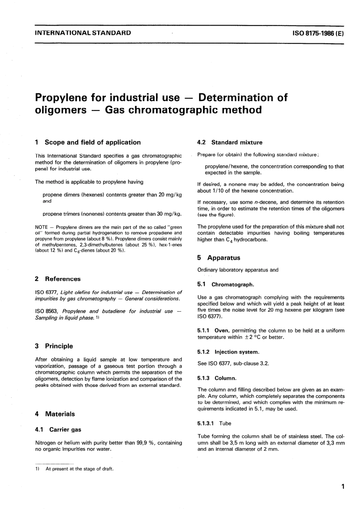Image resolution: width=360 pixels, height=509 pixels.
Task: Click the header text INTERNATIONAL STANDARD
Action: pos(83,33)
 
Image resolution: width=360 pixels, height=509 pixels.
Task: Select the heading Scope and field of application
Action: pos(92,142)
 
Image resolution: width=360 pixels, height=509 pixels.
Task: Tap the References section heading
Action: pos(63,279)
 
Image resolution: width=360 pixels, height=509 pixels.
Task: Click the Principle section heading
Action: pos(59,346)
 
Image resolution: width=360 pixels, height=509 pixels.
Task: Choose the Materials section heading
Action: pos(60,414)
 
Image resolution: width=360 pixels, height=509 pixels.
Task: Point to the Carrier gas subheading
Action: pos(65,430)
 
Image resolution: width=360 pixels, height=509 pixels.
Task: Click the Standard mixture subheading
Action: pos(236,143)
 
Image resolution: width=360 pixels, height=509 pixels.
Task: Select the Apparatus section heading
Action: pos(224,258)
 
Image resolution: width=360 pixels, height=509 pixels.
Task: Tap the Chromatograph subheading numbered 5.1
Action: pos(233,284)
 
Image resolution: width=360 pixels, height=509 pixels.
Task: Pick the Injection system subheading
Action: pos(237,352)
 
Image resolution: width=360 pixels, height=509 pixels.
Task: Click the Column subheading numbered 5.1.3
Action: pos(225,378)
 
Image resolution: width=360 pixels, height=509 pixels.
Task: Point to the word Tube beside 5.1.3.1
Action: pos(225,423)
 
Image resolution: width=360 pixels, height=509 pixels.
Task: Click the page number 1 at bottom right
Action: pos(342,487)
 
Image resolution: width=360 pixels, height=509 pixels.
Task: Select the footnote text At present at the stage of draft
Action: pos(80,469)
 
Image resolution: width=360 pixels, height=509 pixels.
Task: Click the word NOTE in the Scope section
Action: pos(41,227)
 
